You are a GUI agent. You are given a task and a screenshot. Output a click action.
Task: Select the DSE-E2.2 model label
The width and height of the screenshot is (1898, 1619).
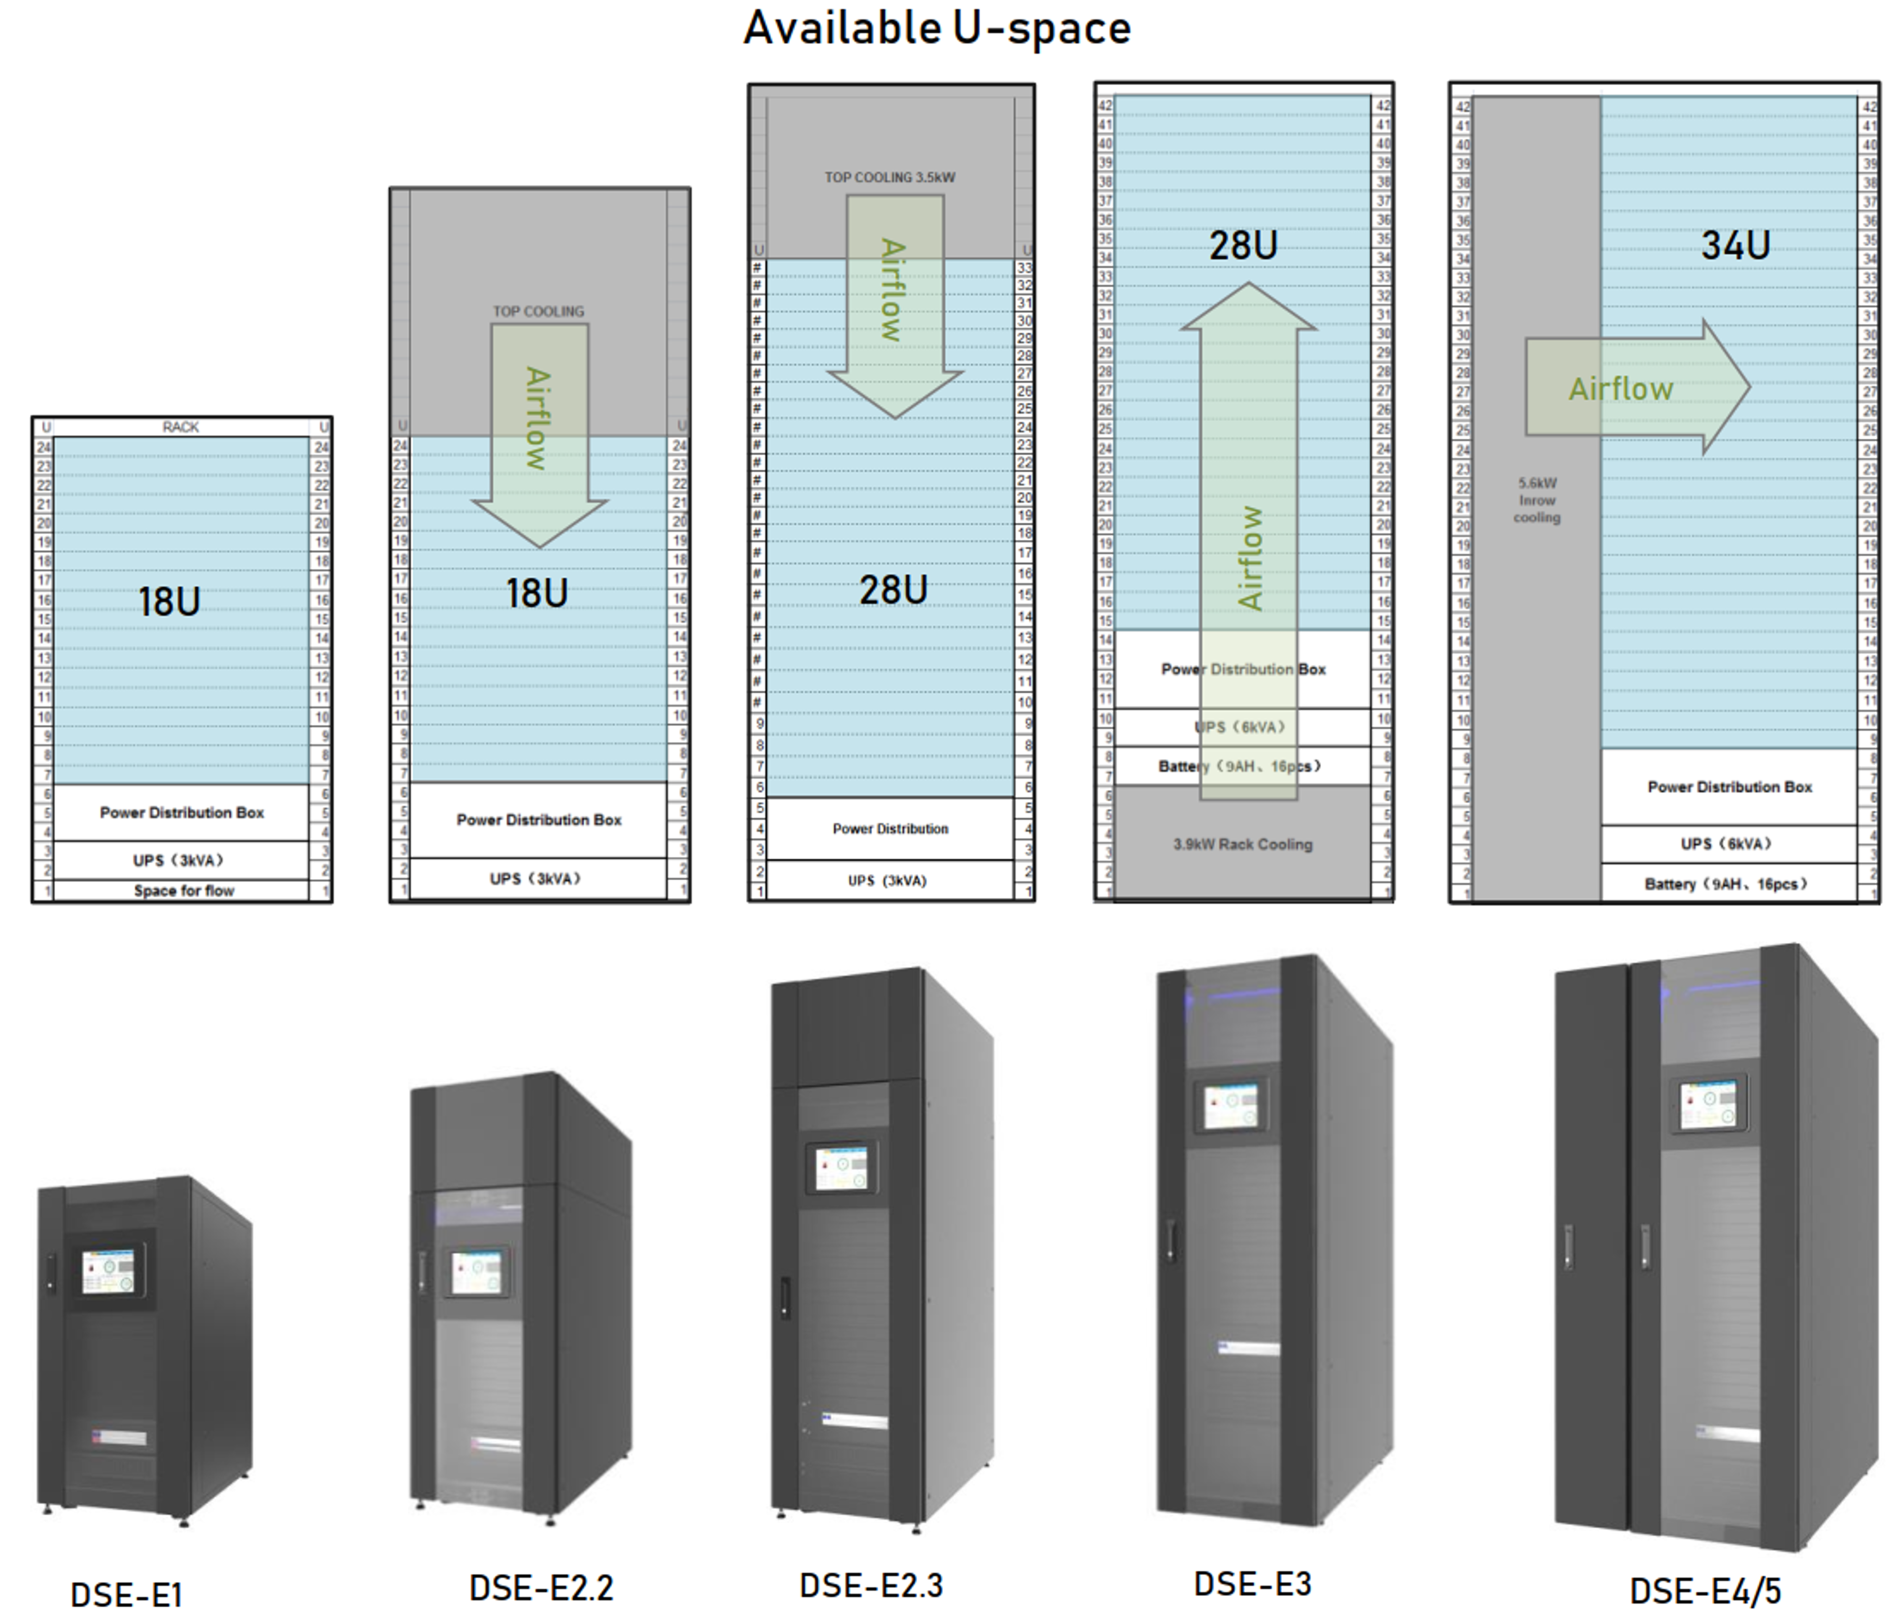[541, 1588]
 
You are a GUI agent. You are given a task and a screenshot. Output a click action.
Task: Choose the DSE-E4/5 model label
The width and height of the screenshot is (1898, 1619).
[1704, 1591]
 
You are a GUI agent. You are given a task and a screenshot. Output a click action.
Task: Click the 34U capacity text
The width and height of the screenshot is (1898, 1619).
[1735, 246]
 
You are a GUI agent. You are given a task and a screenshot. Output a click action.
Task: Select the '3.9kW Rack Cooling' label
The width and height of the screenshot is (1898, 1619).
[1242, 844]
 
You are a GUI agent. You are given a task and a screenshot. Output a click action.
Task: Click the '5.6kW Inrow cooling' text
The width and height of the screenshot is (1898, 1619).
[1536, 500]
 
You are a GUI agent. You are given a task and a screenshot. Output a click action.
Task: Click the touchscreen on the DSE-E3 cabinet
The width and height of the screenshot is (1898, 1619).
[1230, 1106]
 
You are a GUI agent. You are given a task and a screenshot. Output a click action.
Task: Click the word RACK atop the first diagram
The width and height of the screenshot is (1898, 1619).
[180, 427]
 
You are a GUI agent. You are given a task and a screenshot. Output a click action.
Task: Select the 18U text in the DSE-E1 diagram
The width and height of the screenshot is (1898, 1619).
[170, 602]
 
